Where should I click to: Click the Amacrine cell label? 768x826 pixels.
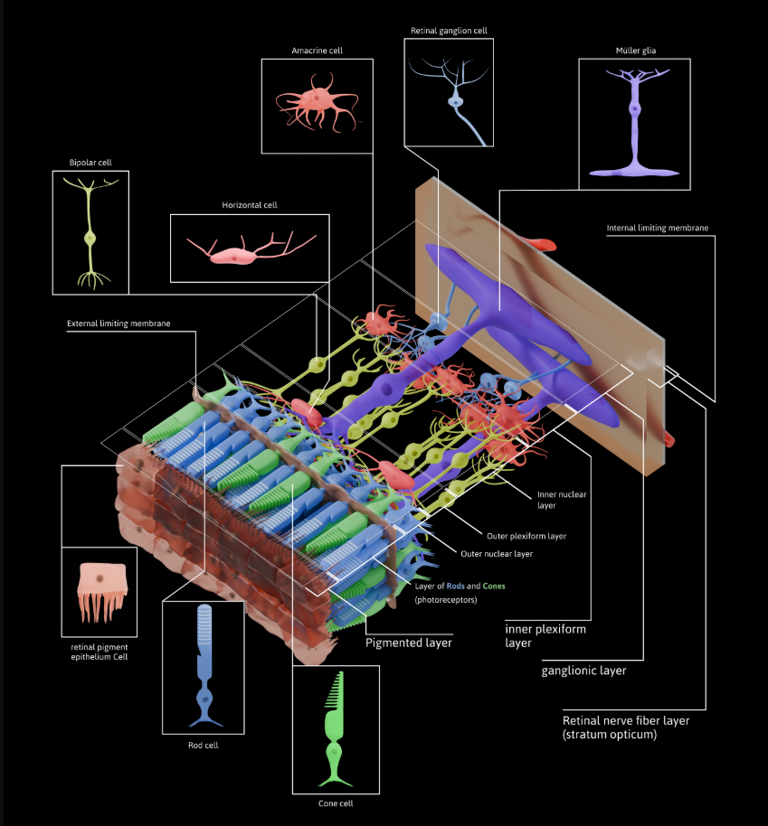coord(317,51)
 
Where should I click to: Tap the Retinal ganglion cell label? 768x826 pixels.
coord(449,31)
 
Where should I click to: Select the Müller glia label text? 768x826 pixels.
coord(636,51)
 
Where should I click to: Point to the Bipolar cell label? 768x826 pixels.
coord(90,163)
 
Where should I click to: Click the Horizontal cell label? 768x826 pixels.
coord(250,205)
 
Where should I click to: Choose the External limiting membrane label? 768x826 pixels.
coord(119,324)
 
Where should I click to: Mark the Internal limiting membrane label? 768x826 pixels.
coord(658,228)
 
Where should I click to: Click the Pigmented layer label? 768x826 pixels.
coord(409,643)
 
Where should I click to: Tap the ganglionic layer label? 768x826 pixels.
coord(583,671)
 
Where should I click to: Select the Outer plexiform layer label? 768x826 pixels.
coord(526,536)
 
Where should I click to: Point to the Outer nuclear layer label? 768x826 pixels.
coord(497,554)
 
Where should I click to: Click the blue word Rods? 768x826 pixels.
coord(455,586)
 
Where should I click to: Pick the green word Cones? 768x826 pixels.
coord(494,586)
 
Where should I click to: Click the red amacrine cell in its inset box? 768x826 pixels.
coord(317,103)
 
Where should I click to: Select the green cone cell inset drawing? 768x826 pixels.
coord(335,729)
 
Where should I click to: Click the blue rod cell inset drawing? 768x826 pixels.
coord(204,666)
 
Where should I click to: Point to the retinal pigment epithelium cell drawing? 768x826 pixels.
coord(101,591)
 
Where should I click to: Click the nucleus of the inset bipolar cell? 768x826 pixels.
coord(90,238)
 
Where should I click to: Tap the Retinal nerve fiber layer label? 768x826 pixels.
coord(626,727)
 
